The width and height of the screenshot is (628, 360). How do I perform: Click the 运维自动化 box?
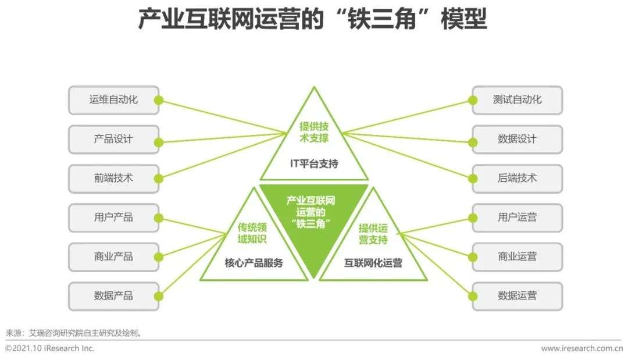click(114, 100)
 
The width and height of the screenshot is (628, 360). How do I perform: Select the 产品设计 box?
click(114, 140)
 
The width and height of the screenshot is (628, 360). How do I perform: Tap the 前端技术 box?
click(114, 179)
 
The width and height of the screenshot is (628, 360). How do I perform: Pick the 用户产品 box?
click(114, 218)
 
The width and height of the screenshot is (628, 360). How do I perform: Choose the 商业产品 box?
click(114, 257)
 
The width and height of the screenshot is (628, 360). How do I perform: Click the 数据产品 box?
click(114, 297)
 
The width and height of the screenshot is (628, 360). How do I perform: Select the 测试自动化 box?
click(518, 100)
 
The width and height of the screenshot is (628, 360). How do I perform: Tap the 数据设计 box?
click(518, 140)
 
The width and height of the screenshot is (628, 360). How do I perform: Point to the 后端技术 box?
click(518, 179)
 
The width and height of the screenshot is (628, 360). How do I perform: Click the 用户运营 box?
click(518, 218)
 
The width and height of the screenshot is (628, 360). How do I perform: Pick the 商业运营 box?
click(518, 257)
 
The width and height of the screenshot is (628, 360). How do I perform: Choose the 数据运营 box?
click(518, 297)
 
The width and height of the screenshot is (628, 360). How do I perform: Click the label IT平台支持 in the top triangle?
click(314, 163)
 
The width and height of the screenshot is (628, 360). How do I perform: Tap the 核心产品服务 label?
click(254, 263)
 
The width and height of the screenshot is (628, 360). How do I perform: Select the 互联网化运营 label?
click(373, 263)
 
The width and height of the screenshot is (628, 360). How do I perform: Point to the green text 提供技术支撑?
click(314, 133)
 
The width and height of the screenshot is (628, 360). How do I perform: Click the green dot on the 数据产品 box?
click(159, 297)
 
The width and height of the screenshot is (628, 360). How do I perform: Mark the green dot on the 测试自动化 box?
click(473, 100)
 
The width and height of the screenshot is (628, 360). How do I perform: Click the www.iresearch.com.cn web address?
click(582, 348)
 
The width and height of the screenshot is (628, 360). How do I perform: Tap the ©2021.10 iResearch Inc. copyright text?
click(49, 348)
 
